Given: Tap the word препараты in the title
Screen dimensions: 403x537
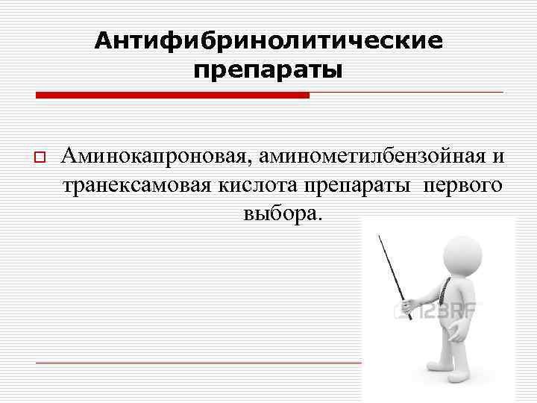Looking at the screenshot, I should (268, 72).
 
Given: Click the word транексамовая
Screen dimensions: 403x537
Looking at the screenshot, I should (139, 185).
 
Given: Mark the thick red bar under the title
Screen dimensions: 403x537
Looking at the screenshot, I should (172, 96).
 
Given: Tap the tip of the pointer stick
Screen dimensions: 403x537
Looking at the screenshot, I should (379, 238).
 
